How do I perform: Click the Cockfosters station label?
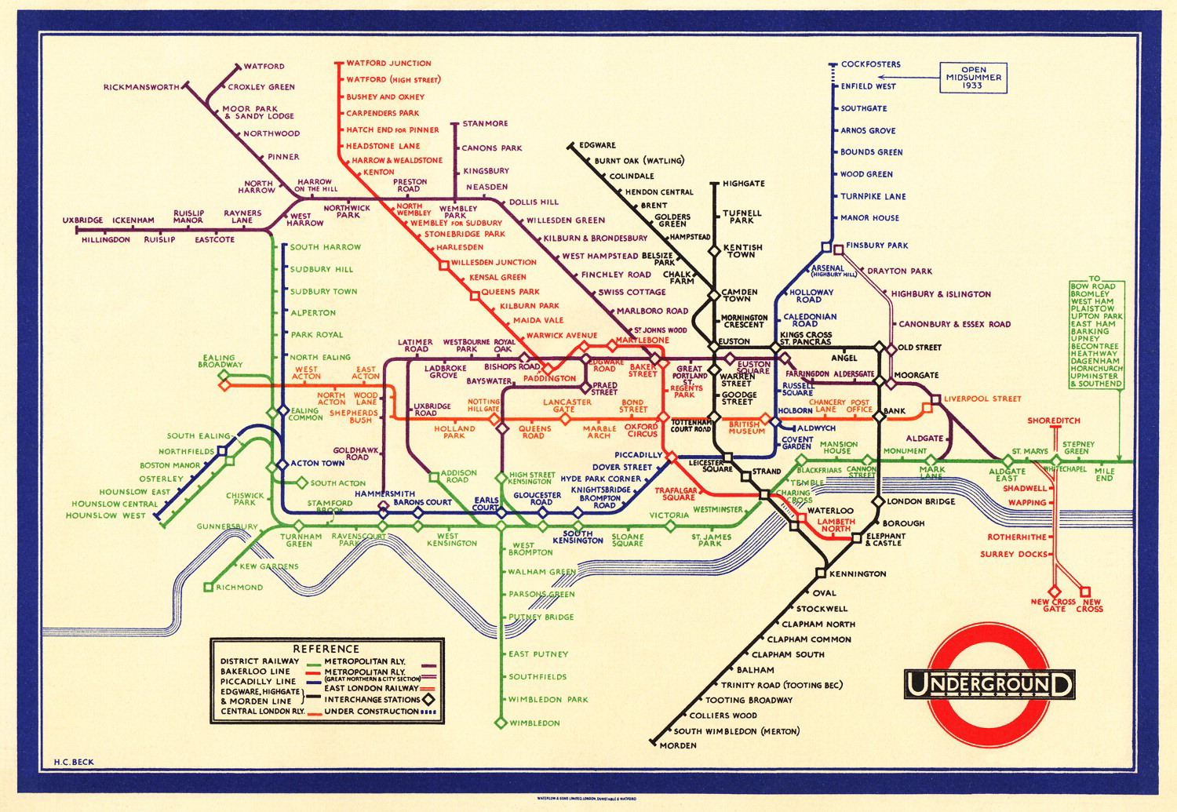[870, 64]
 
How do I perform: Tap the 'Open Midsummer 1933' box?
[973, 78]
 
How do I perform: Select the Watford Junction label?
[388, 63]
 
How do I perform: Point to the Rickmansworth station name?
[141, 87]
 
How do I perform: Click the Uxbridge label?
[82, 220]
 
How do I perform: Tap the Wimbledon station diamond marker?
[501, 723]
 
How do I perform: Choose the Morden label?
[677, 745]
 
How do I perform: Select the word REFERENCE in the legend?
[326, 649]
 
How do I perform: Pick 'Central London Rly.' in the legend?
[262, 712]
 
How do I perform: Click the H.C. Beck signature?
[74, 762]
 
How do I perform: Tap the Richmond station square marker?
[208, 587]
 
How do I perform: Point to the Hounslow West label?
[105, 515]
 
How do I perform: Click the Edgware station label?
[597, 145]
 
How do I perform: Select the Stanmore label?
[485, 123]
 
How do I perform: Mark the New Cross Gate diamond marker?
[1055, 592]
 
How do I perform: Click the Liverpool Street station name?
[982, 399]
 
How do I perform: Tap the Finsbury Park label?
[876, 246]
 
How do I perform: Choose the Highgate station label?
[743, 184]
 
